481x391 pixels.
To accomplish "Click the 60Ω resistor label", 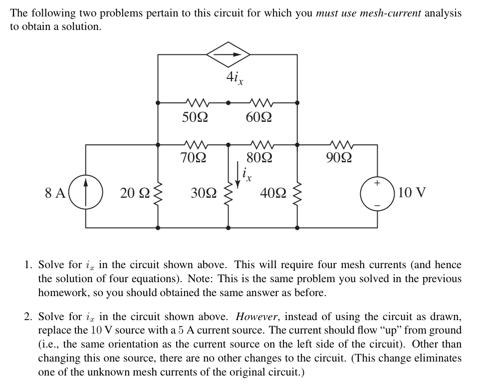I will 259,118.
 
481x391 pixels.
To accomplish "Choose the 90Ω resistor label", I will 339,159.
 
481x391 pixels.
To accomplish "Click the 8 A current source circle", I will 86,193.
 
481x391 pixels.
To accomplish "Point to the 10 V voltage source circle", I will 377,193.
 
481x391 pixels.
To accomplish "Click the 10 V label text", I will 412,193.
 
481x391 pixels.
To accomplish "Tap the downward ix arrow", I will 238,179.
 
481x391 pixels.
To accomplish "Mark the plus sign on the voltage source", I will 377,184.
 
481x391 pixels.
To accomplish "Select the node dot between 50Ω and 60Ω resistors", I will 228,103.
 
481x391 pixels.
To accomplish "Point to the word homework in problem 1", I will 61,293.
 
